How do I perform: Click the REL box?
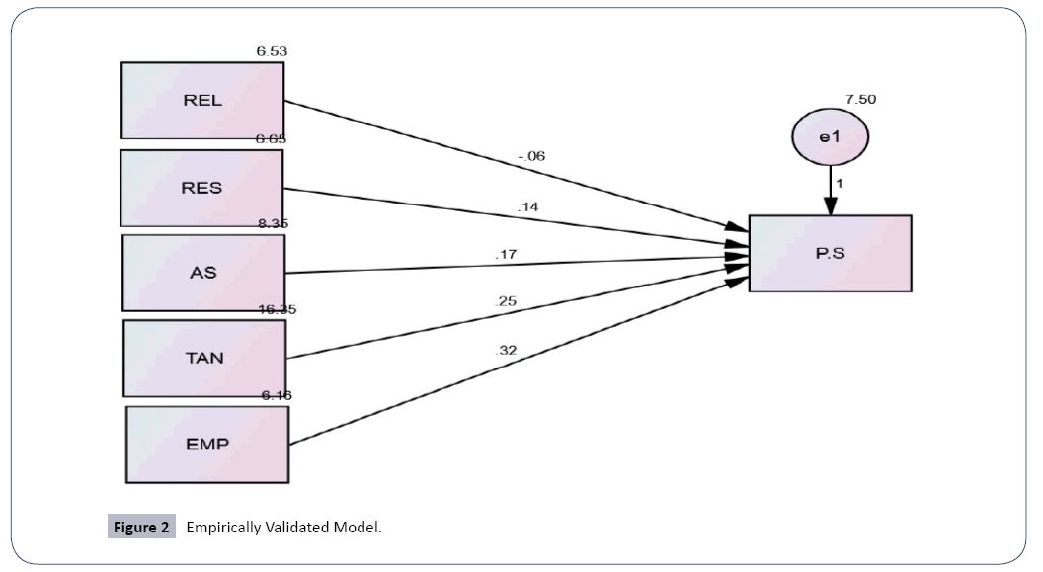(202, 100)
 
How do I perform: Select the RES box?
(201, 188)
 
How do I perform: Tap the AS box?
(203, 273)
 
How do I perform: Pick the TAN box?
(204, 357)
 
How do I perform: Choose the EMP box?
(207, 444)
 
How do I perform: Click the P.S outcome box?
(830, 253)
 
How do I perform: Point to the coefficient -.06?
(530, 156)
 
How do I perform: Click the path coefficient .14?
(528, 206)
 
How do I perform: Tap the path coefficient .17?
(506, 255)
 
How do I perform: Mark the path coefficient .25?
(506, 300)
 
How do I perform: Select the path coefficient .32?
(506, 350)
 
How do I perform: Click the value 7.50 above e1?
(860, 99)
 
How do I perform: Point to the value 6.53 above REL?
(272, 50)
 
